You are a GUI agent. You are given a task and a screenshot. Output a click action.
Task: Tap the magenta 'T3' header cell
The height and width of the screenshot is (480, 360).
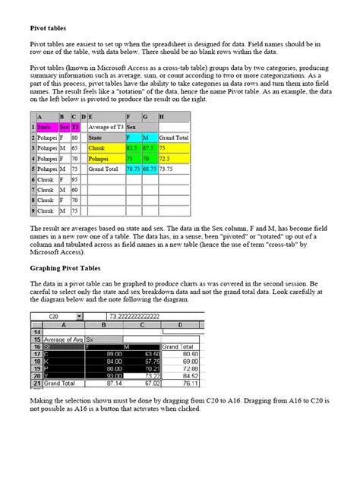(75, 128)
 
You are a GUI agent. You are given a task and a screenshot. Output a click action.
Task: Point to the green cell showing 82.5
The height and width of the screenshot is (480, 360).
(133, 149)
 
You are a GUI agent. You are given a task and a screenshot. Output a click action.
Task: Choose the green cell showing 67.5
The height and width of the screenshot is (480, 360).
(149, 149)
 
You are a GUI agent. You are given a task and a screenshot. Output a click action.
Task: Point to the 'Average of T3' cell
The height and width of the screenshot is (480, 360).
(104, 128)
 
